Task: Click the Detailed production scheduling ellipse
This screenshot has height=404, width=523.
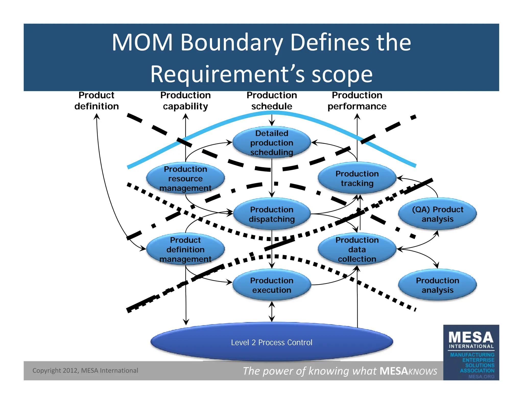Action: pos(271,142)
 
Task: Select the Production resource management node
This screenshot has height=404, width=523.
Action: pos(185,178)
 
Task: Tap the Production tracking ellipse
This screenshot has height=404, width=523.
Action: pos(357,178)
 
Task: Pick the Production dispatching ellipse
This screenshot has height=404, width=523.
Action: pos(271,214)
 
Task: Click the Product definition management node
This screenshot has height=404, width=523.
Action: pos(185,249)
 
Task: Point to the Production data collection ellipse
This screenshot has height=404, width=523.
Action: pos(357,249)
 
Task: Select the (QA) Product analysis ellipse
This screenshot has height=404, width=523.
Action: pos(437,214)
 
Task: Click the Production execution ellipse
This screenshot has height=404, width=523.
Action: pos(271,285)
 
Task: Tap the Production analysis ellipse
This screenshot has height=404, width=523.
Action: pos(437,285)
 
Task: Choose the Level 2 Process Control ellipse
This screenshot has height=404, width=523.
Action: pos(271,342)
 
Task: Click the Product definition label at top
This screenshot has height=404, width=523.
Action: pos(97,101)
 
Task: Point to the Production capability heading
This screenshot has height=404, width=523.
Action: pos(185,101)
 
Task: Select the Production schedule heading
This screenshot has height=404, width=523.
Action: pos(271,101)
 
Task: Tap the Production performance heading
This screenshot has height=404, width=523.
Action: pos(357,101)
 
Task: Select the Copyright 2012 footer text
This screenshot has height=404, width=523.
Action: pos(85,370)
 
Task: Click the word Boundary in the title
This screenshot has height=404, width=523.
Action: pos(232,43)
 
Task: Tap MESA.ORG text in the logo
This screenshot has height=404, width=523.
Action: pos(481,376)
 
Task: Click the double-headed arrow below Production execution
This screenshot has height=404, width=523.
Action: pos(272,311)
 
